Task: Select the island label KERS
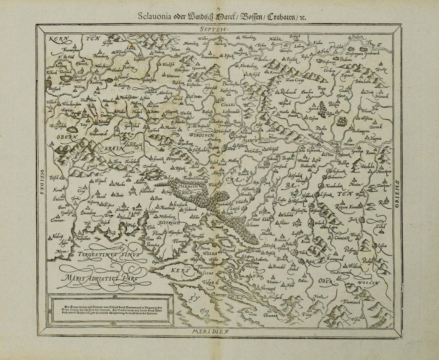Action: pos(178,270)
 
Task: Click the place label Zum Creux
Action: pos(296,79)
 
